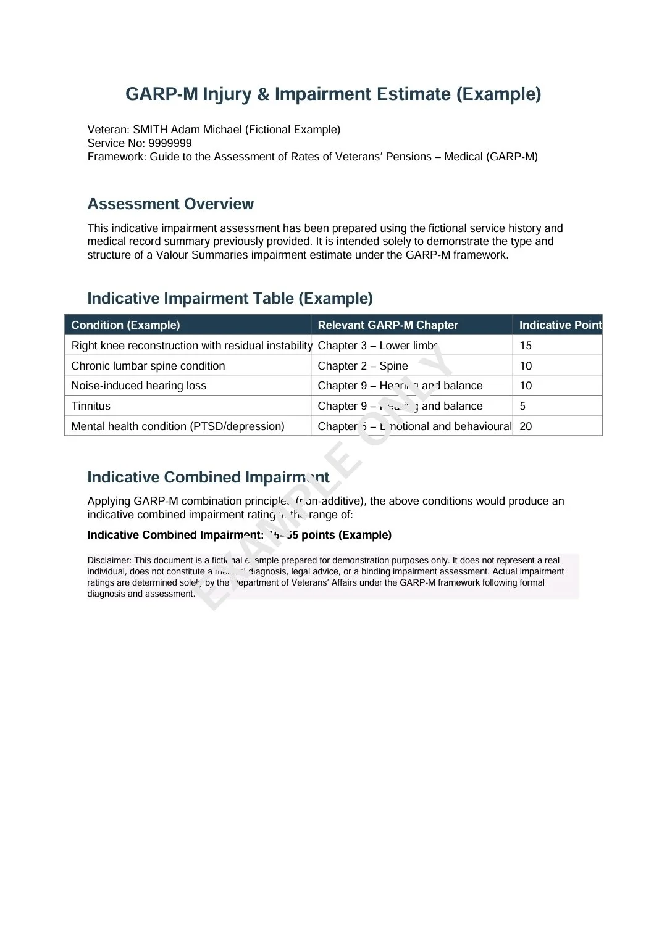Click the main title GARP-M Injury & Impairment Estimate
click(x=333, y=94)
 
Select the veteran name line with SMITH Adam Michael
click(x=214, y=130)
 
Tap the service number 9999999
click(x=170, y=143)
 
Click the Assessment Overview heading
click(x=170, y=204)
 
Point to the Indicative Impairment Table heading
click(x=230, y=298)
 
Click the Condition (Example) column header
click(x=125, y=325)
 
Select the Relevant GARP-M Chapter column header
click(x=387, y=325)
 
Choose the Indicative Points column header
click(x=560, y=325)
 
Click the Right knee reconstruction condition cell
click(x=191, y=346)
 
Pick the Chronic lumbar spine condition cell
click(x=148, y=366)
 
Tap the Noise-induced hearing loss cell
click(x=139, y=386)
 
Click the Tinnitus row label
click(x=91, y=406)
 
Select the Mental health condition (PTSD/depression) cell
click(x=178, y=426)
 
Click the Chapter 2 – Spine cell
click(x=363, y=366)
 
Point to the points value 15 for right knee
click(x=526, y=346)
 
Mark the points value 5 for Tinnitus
click(x=522, y=406)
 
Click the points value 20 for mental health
click(x=526, y=426)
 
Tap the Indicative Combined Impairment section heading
click(x=208, y=477)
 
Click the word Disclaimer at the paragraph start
click(x=109, y=560)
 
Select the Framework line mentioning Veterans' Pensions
click(x=313, y=157)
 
